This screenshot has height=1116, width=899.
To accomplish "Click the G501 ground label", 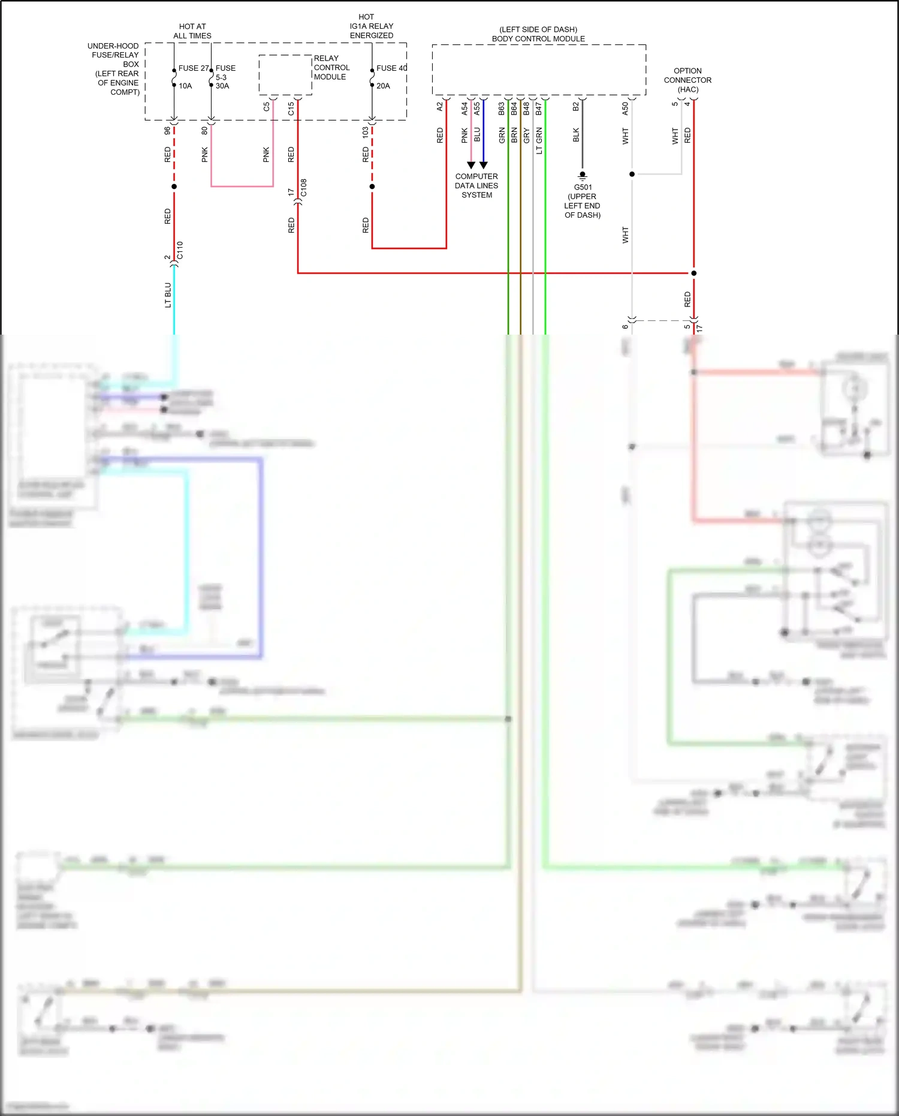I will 583,187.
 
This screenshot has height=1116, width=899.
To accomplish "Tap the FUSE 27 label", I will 194,68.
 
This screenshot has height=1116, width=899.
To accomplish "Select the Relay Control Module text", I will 331,68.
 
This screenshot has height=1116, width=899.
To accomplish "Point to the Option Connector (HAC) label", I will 687,80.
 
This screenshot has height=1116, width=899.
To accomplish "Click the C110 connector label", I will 180,251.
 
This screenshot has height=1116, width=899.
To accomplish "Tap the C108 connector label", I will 304,188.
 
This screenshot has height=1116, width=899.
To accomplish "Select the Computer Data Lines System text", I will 476,186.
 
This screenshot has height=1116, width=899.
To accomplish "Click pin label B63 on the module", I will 502,109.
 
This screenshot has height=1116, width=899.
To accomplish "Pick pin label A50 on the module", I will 625,109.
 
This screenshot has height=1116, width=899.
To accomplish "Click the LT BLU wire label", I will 168,295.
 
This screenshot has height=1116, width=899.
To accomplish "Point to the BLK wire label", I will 576,135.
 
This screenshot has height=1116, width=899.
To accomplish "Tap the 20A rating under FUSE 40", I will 383,86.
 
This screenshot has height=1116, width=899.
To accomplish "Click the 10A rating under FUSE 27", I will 185,86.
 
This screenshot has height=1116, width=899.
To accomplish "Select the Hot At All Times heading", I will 192,31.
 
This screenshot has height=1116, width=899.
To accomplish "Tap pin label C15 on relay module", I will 291,109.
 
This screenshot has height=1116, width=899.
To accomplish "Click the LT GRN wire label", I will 539,141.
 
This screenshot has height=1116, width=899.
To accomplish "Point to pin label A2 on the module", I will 440,106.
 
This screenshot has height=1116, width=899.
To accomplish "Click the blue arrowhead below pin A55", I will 484,165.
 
